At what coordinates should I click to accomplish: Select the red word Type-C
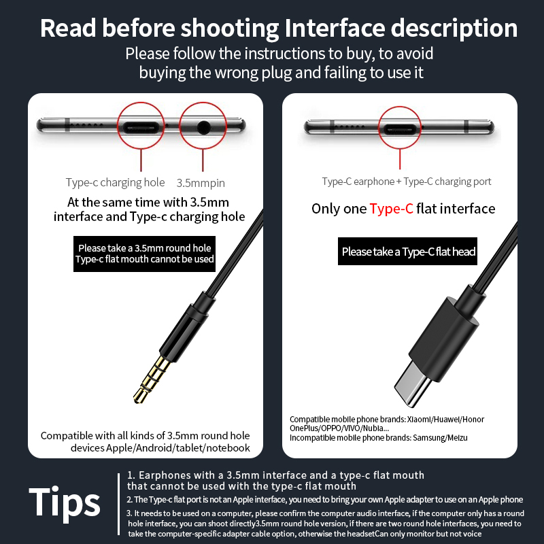tap(392, 209)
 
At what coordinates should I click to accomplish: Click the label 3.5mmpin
tap(201, 183)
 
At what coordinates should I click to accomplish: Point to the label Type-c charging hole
tap(115, 182)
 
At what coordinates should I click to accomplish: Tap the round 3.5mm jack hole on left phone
tap(203, 127)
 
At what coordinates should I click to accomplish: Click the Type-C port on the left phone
tap(141, 127)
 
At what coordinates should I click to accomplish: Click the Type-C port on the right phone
tap(400, 129)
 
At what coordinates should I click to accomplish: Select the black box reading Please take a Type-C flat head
tap(407, 251)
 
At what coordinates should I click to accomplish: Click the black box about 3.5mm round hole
tap(144, 254)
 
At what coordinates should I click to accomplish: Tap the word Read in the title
tap(68, 28)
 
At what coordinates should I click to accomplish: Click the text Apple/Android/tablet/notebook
tap(177, 448)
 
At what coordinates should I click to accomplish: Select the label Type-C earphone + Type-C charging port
tap(406, 182)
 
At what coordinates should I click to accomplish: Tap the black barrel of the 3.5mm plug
tap(184, 327)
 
